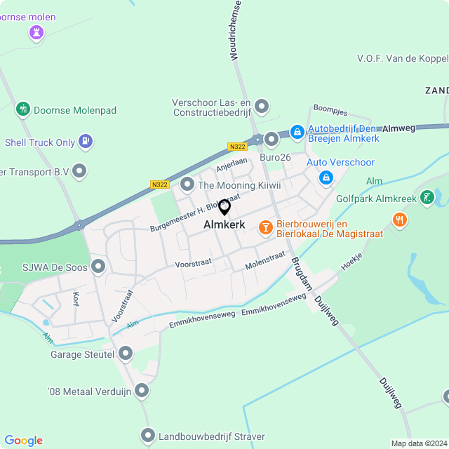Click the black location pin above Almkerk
click(x=224, y=208)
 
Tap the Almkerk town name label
click(x=224, y=225)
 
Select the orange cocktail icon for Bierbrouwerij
click(x=265, y=227)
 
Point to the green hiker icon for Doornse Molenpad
click(x=23, y=109)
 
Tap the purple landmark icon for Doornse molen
click(x=36, y=32)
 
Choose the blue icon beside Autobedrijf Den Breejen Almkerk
click(x=297, y=131)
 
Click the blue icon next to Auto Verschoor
click(x=326, y=179)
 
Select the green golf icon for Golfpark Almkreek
click(x=427, y=199)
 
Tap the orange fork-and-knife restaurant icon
click(x=400, y=220)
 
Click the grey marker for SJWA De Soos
click(x=98, y=266)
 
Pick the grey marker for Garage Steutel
click(x=126, y=354)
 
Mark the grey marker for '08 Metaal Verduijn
click(x=142, y=390)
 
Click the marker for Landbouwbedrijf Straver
click(x=147, y=436)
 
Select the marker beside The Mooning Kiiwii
click(x=187, y=185)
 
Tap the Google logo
click(x=23, y=441)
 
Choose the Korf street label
click(x=76, y=298)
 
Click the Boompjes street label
click(x=330, y=110)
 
